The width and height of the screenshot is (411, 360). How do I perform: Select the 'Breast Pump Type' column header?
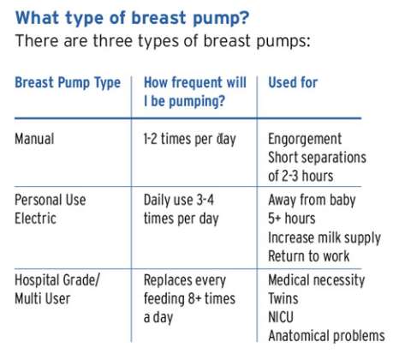pyautogui.click(x=67, y=83)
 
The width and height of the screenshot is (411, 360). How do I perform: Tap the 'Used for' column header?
pyautogui.click(x=293, y=83)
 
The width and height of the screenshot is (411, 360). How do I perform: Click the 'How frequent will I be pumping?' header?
pyautogui.click(x=194, y=93)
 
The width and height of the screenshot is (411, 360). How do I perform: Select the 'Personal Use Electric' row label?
pyautogui.click(x=51, y=208)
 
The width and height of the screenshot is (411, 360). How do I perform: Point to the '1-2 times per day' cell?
pyautogui.click(x=189, y=139)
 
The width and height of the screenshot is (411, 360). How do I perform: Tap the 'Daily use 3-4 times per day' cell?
pyautogui.click(x=184, y=208)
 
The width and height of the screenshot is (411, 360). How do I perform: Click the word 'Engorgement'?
pyautogui.click(x=305, y=139)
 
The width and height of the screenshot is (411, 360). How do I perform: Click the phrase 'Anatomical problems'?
pyautogui.click(x=326, y=337)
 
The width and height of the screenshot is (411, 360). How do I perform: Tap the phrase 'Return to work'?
pyautogui.click(x=309, y=255)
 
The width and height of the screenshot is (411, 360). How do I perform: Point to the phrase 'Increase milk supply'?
pyautogui.click(x=325, y=237)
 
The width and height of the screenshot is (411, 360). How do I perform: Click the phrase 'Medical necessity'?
pyautogui.click(x=316, y=280)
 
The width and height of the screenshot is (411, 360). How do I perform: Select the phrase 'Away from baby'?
pyautogui.click(x=312, y=199)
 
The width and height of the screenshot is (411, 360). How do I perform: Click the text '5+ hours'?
pyautogui.click(x=293, y=218)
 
